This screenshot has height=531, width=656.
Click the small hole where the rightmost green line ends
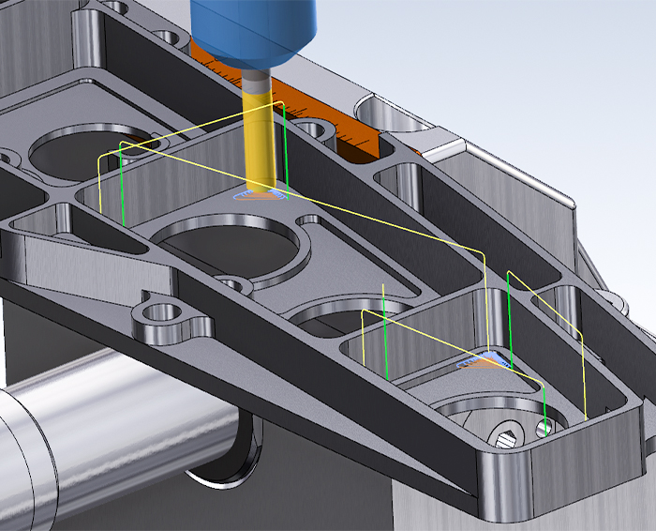(x=546, y=430)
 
